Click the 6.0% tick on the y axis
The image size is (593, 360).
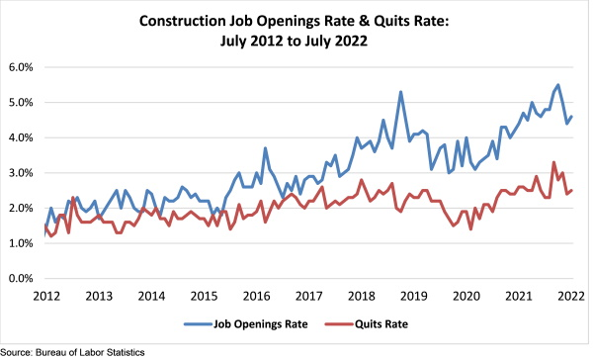tap(21, 67)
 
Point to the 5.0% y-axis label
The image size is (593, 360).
tap(21, 102)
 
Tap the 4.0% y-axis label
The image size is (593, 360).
tap(21, 137)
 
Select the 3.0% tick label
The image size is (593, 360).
tap(21, 173)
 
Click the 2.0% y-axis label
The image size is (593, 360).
tap(21, 208)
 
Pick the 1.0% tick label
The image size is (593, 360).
tap(21, 243)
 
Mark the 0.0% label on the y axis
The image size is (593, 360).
tap(21, 278)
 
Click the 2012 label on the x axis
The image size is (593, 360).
tap(46, 296)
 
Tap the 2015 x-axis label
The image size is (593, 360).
tap(204, 296)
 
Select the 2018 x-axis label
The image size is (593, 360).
tap(362, 296)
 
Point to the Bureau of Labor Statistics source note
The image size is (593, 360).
tap(73, 352)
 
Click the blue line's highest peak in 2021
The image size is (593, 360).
tap(558, 85)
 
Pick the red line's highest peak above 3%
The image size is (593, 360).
tap(553, 162)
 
